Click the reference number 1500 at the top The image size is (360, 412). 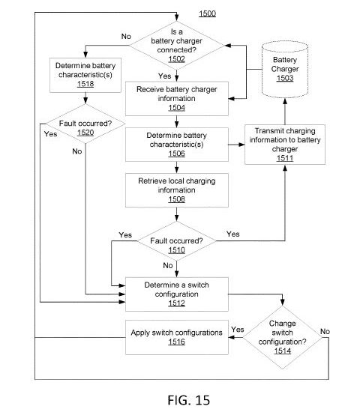click(x=207, y=13)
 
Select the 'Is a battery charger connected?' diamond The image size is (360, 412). click(x=176, y=46)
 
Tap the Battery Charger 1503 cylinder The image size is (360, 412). click(x=285, y=70)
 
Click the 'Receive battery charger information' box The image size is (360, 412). click(x=177, y=99)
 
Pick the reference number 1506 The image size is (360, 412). click(x=176, y=154)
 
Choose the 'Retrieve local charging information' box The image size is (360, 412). click(x=177, y=190)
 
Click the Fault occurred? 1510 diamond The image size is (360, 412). click(x=176, y=241)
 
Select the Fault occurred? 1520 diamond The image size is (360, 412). click(x=85, y=124)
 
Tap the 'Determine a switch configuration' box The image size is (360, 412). click(x=177, y=294)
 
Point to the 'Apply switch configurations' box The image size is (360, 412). click(x=177, y=337)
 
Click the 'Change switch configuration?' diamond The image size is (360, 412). click(x=282, y=337)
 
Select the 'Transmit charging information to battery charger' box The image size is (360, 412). click(x=285, y=145)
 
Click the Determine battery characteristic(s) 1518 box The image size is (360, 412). click(x=85, y=75)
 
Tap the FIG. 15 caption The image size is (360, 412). click(x=189, y=400)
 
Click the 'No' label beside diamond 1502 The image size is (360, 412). click(x=126, y=36)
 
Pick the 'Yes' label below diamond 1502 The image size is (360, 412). click(x=165, y=76)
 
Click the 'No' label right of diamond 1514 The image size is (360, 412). click(x=325, y=332)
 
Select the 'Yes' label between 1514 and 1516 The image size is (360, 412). click(x=238, y=330)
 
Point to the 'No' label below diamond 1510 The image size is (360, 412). click(x=168, y=265)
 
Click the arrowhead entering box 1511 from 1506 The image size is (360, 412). click(x=241, y=145)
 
